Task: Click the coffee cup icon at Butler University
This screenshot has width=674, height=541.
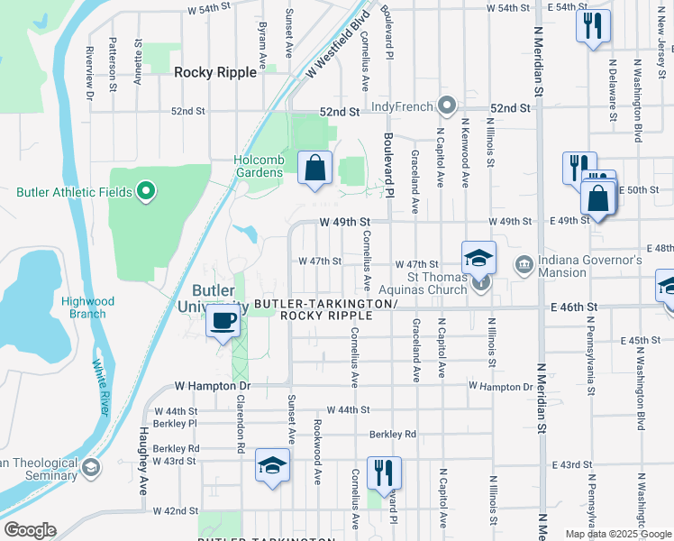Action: (223, 321)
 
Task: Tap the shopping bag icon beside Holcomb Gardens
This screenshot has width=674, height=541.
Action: (314, 168)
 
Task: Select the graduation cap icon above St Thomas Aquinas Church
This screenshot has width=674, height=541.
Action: (479, 258)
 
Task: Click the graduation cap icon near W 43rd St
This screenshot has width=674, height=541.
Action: (271, 465)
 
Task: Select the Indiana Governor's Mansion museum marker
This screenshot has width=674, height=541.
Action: (524, 264)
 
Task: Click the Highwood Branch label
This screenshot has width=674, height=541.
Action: (83, 307)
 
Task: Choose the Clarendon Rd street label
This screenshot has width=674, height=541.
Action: (241, 428)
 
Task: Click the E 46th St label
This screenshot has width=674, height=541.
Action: (574, 307)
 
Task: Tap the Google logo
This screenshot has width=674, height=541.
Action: (30, 530)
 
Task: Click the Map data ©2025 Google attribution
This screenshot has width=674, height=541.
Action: (618, 534)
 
